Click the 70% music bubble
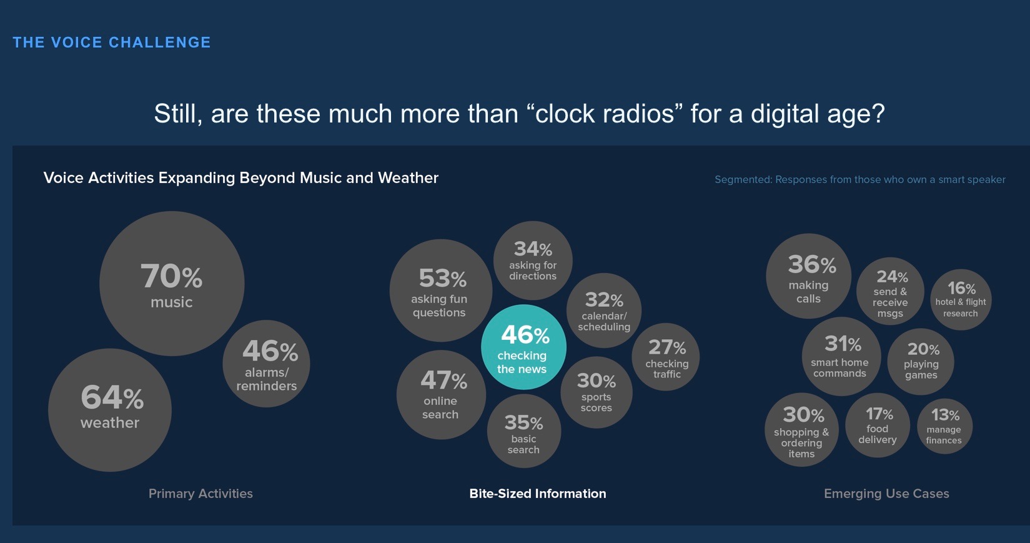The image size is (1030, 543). (172, 284)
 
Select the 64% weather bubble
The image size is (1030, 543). (110, 410)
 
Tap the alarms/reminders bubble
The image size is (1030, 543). (267, 364)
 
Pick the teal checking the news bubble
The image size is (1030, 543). (523, 347)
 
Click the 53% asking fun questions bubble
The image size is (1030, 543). (441, 291)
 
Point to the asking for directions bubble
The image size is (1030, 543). (533, 261)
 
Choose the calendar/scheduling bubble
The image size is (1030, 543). (604, 311)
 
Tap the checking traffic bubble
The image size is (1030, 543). (666, 357)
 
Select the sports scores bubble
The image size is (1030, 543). (597, 392)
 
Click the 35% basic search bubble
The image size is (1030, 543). (523, 432)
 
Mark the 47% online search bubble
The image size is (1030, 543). (441, 395)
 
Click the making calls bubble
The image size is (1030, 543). (809, 276)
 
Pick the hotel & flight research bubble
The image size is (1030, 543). (961, 300)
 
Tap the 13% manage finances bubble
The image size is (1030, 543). (944, 426)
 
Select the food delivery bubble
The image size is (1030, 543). (878, 426)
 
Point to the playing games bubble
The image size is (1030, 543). (921, 362)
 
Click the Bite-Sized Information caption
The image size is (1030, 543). (538, 494)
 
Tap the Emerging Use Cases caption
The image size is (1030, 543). (886, 494)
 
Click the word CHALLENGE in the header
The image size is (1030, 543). (160, 42)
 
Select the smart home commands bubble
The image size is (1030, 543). (841, 357)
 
